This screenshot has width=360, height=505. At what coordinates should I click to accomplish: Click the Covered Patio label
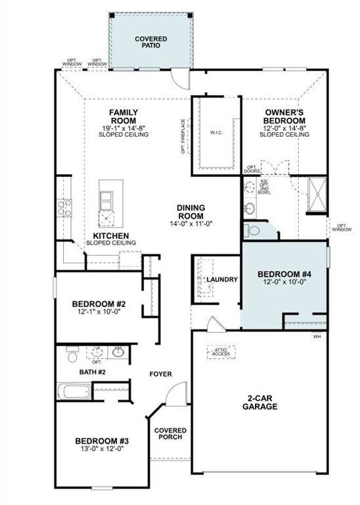tap(150, 43)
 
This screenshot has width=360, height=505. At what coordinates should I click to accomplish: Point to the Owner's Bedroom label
tap(284, 116)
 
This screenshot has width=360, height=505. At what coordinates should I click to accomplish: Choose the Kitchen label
tap(110, 235)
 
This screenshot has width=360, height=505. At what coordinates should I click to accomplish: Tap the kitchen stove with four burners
tap(64, 208)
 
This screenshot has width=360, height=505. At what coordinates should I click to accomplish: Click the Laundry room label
tap(222, 279)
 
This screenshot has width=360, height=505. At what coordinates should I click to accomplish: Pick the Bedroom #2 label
tap(99, 304)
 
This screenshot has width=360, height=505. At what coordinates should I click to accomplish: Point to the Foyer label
tap(160, 374)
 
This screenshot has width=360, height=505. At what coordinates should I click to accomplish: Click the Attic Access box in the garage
tap(221, 352)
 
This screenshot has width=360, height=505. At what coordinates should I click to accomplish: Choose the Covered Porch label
tap(170, 435)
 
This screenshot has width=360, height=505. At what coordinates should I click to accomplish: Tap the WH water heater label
tap(317, 337)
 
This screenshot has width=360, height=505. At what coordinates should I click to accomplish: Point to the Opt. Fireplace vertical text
tap(184, 136)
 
